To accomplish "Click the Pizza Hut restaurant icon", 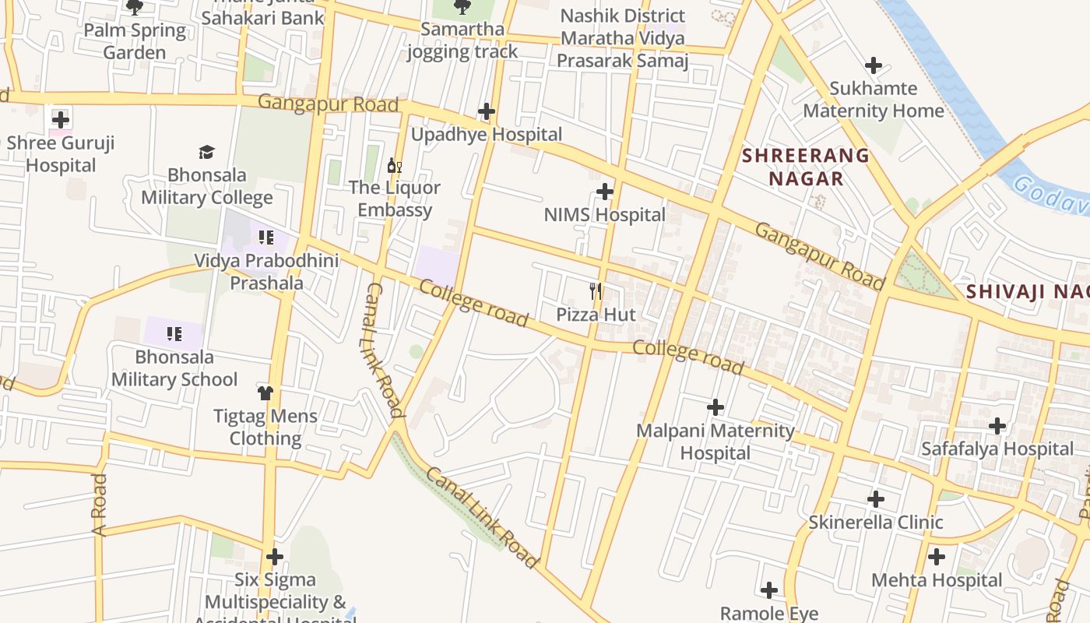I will (x=596, y=292).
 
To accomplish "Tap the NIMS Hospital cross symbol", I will (x=604, y=192).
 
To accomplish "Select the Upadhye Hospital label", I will (x=486, y=135).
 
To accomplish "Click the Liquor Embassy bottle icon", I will (x=395, y=165).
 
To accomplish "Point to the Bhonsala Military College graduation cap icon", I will (x=206, y=152).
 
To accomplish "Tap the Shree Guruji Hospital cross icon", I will (x=61, y=120).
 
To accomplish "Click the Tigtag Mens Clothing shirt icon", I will (x=265, y=392).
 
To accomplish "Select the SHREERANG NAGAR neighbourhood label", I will (x=805, y=167).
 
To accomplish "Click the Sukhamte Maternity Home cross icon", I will (x=874, y=65).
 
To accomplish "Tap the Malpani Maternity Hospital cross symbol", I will (x=715, y=407).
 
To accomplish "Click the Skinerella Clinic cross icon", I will (x=876, y=499).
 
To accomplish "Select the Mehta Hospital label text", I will (x=936, y=580).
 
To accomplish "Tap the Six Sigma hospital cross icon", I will (x=274, y=557).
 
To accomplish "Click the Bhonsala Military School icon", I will (x=174, y=334).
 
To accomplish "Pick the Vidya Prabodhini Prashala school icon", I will (x=265, y=237).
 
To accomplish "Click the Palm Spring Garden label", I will (x=135, y=41).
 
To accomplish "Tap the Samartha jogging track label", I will (x=462, y=40).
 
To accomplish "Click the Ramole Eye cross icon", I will (x=769, y=590).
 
